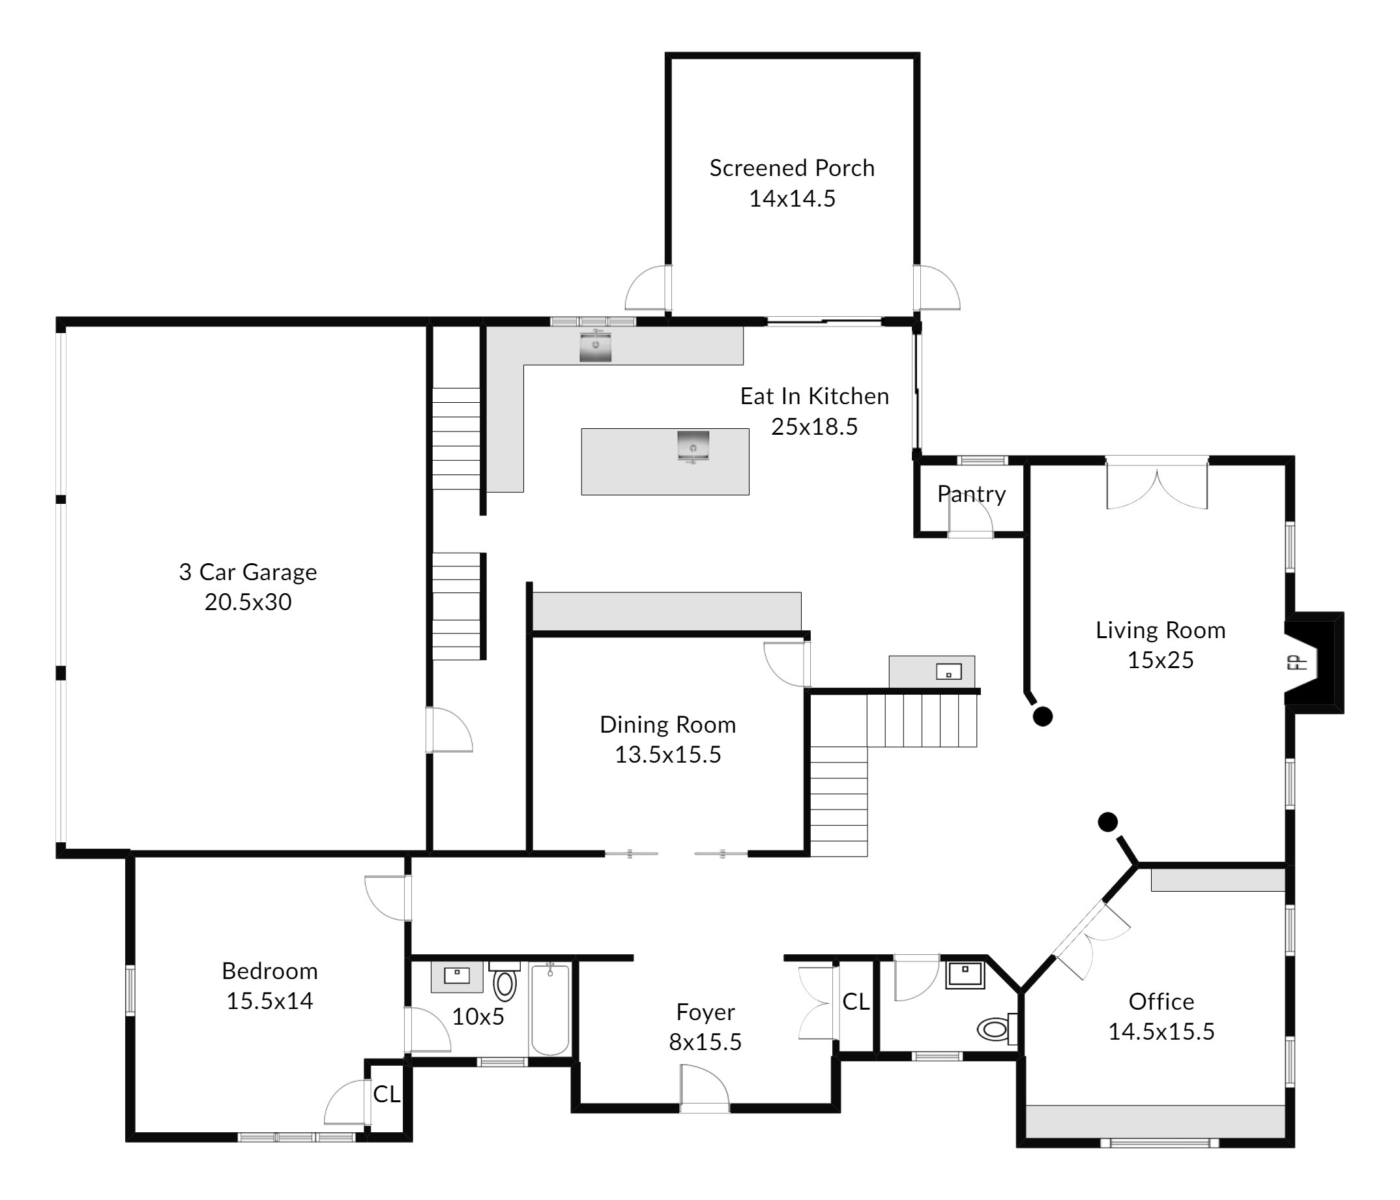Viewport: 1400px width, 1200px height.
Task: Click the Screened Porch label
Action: [x=792, y=168]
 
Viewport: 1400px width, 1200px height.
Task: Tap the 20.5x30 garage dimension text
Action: [x=248, y=602]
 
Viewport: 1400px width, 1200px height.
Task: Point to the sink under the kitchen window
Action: [x=595, y=345]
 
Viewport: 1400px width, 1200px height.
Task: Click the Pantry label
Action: [x=972, y=494]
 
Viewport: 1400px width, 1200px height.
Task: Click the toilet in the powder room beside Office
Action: [x=997, y=1029]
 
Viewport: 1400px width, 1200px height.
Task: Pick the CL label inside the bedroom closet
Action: [x=386, y=1094]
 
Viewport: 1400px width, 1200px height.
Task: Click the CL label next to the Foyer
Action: [x=856, y=1001]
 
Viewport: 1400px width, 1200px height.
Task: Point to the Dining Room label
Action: [x=667, y=724]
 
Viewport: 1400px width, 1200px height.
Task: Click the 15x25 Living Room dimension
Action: [x=1160, y=660]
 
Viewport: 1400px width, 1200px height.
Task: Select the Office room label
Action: [x=1161, y=1001]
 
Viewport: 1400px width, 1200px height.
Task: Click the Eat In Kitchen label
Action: [x=814, y=396]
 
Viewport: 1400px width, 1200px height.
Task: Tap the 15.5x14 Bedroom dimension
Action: [x=270, y=1000]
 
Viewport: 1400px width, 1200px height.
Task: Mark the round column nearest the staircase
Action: [x=1043, y=716]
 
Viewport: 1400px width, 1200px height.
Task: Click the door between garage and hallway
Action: [x=449, y=730]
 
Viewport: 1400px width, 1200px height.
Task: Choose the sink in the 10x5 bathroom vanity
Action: [x=457, y=975]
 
